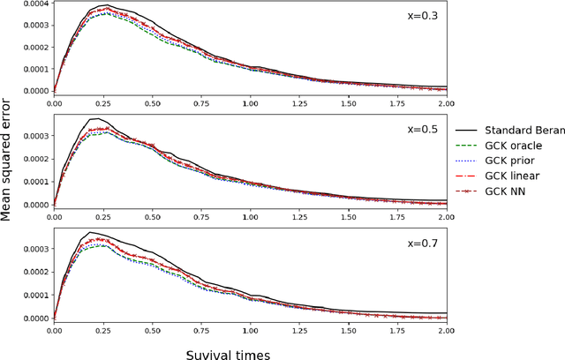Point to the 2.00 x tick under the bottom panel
tap(445, 329)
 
